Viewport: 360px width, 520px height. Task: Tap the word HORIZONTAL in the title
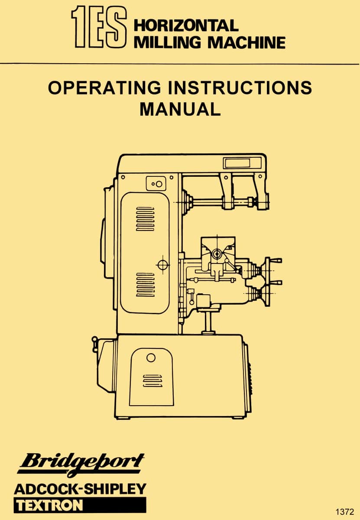tap(186, 25)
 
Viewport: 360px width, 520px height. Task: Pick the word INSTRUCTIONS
tap(240, 88)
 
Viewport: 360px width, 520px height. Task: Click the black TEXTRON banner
tap(80, 505)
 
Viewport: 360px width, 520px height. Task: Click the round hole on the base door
tap(151, 357)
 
